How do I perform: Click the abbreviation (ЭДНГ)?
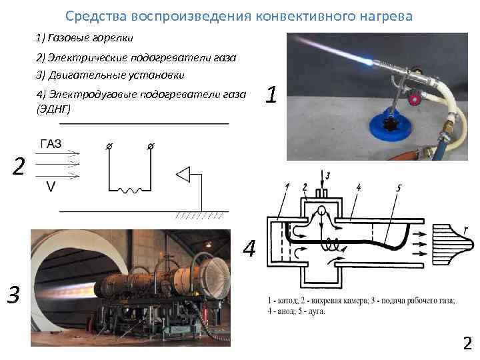(x=50, y=107)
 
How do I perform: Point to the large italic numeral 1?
(x=270, y=95)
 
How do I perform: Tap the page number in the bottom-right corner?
(x=467, y=343)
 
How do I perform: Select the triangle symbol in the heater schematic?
(x=183, y=174)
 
